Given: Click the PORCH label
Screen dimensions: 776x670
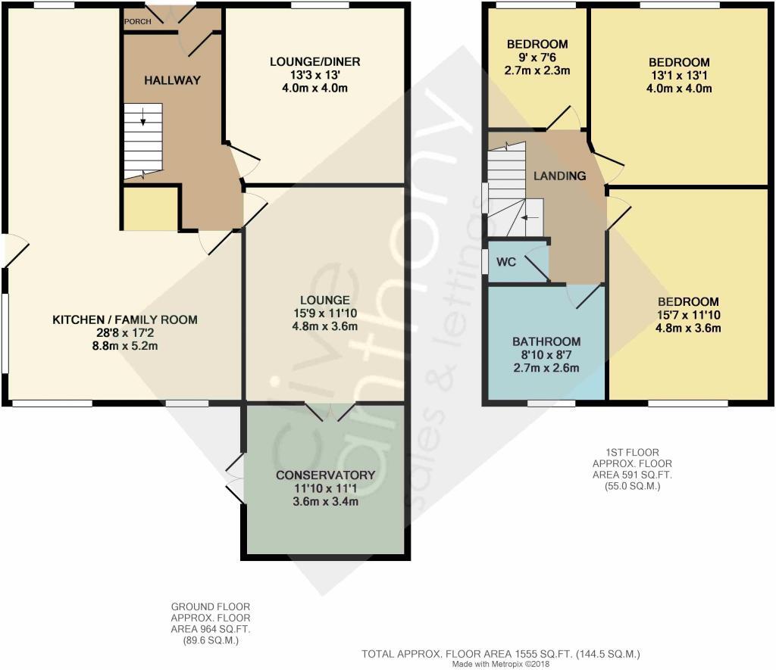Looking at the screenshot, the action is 138,21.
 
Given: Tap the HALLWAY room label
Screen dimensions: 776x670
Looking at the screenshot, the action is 172,80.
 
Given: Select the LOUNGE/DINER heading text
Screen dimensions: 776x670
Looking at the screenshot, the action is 314,62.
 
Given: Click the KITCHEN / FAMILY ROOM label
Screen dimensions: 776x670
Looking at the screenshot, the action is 125,320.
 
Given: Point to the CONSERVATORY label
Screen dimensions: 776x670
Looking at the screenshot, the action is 326,475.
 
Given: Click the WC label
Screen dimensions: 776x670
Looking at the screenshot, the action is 505,262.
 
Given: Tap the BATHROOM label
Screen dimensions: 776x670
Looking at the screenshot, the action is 546,341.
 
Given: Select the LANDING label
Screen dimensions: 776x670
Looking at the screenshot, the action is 560,176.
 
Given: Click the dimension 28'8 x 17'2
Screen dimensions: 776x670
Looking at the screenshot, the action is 125,333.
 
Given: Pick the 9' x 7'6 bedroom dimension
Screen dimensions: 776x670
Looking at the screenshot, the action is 537,58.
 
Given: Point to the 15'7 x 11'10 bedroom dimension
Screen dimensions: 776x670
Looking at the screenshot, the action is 688,315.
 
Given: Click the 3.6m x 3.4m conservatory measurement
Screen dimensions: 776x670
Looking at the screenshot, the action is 326,501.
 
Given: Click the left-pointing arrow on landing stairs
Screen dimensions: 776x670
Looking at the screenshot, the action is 530,217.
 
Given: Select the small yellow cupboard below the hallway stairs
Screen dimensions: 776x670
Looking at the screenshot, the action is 151,209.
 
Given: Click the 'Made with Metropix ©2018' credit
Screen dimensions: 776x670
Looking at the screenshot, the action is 501,664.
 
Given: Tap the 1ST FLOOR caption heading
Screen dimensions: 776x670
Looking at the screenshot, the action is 632,453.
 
